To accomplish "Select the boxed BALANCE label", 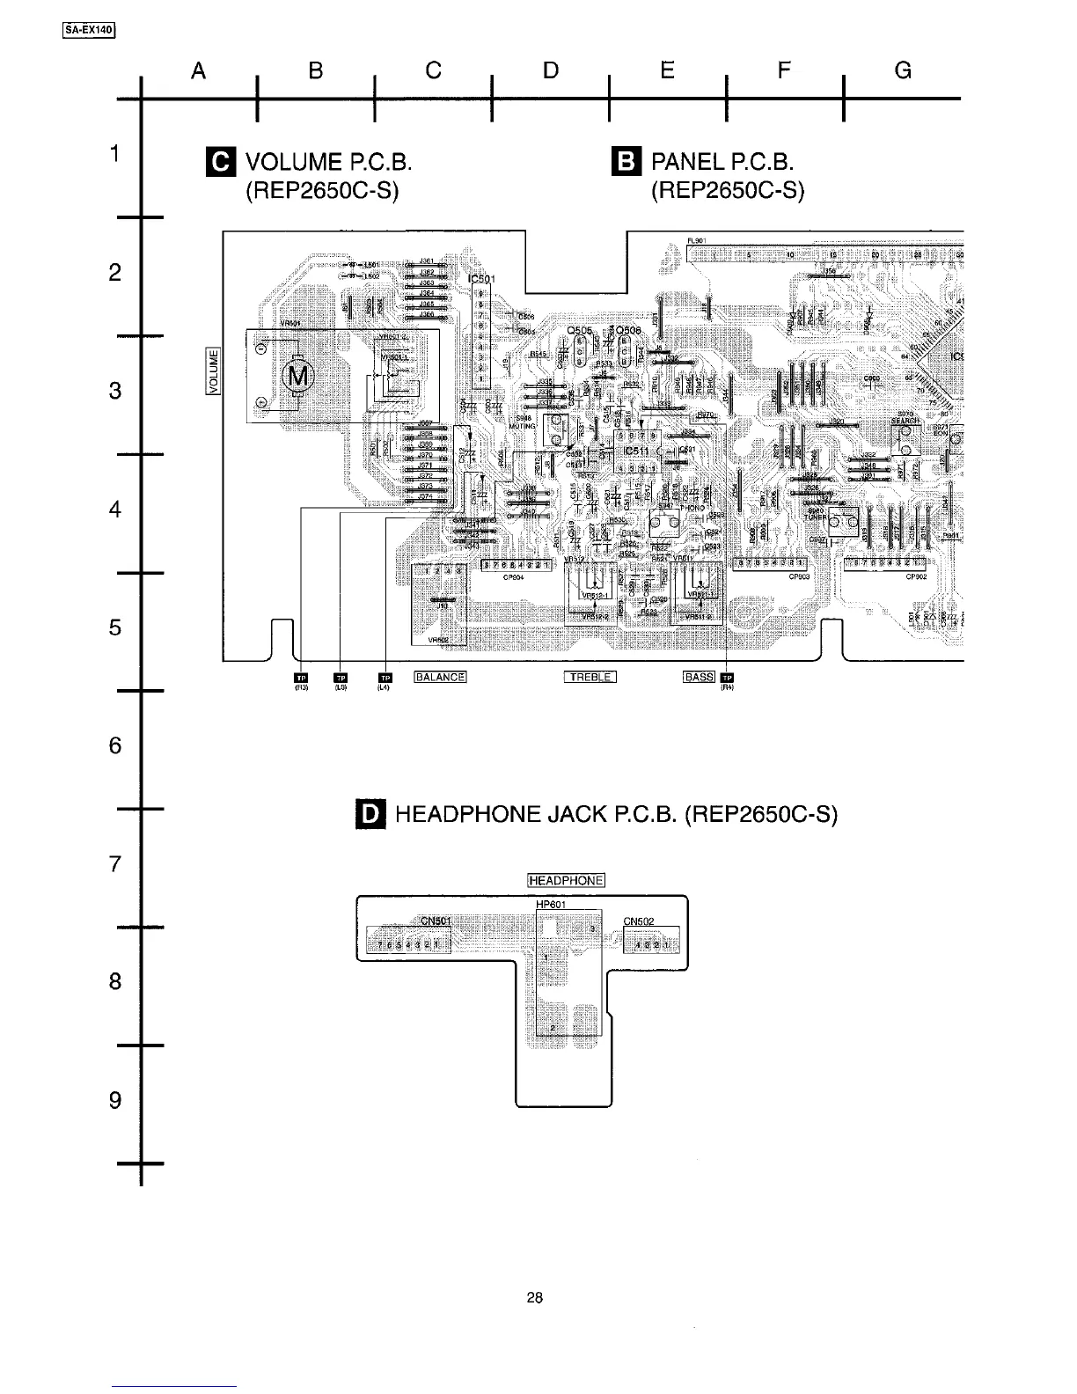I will [440, 677].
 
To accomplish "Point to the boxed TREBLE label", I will [590, 677].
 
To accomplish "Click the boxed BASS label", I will [700, 677].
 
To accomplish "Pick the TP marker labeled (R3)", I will [299, 677].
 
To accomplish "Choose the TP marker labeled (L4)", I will [384, 677].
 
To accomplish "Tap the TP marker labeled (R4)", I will [727, 677].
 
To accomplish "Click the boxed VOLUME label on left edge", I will [213, 371].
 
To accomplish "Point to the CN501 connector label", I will [436, 921].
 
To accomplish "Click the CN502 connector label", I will [638, 921].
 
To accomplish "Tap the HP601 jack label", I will [551, 904].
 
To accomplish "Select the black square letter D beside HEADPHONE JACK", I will [370, 814].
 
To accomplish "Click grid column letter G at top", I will [902, 70].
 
